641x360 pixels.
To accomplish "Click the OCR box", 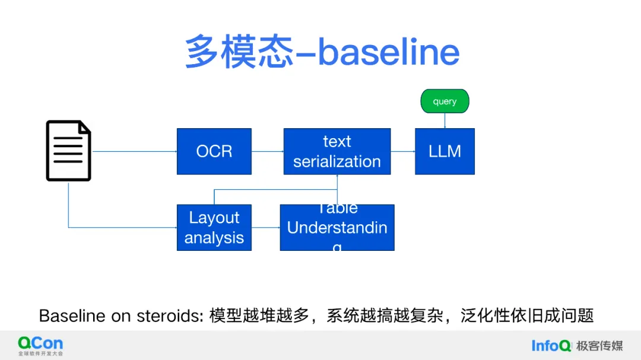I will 214,151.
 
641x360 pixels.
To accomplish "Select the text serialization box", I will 337,151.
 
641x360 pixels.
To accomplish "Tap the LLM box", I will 445,151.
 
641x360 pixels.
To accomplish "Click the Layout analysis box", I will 214,227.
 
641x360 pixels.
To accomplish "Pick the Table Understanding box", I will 337,227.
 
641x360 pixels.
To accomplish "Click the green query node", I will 445,101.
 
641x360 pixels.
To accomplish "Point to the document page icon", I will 69,151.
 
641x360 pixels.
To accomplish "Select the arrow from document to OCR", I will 135,151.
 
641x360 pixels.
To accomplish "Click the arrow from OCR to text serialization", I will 267,151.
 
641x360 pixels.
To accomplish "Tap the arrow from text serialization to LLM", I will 402,151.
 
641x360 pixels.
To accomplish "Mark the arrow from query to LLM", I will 445,120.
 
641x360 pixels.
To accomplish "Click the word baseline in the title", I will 389,52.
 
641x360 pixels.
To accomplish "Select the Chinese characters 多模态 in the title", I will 239,52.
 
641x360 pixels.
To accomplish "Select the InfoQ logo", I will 551,345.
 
